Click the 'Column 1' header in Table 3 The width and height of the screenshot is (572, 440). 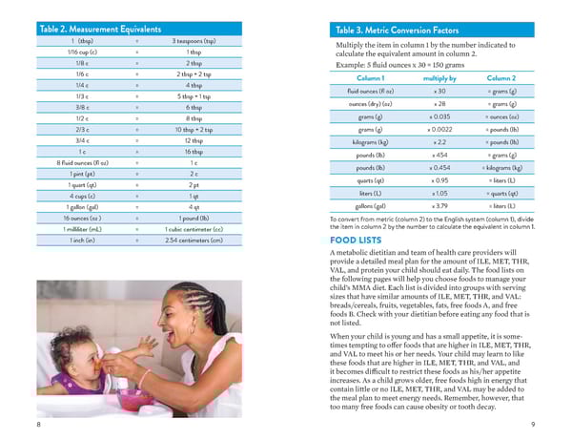point(371,77)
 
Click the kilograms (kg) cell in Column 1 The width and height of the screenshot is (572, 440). point(371,141)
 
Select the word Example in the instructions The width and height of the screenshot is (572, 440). point(354,64)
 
